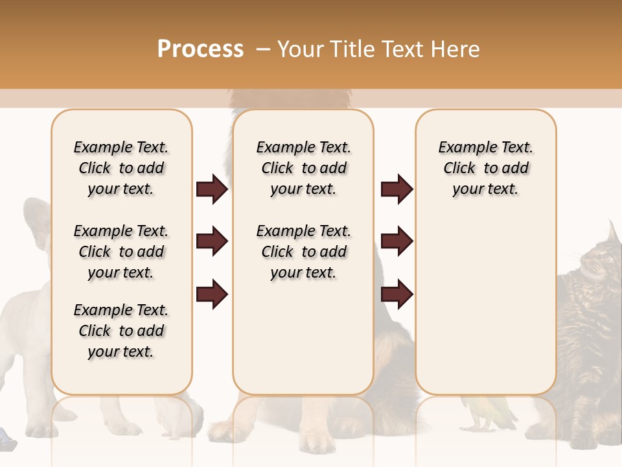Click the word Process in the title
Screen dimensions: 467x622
[x=200, y=49]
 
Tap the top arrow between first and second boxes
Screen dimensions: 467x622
[x=212, y=189]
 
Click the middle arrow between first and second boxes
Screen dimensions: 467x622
[x=212, y=241]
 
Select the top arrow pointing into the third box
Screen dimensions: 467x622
[x=397, y=189]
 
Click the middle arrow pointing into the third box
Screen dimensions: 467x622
[x=397, y=241]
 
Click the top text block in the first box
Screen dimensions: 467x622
[x=121, y=168]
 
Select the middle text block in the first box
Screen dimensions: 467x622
[x=121, y=252]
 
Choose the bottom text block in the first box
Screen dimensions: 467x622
[x=121, y=331]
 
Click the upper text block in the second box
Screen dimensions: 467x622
[x=303, y=168]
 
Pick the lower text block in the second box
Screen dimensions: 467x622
[x=303, y=252]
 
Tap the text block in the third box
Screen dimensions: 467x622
[x=485, y=168]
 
